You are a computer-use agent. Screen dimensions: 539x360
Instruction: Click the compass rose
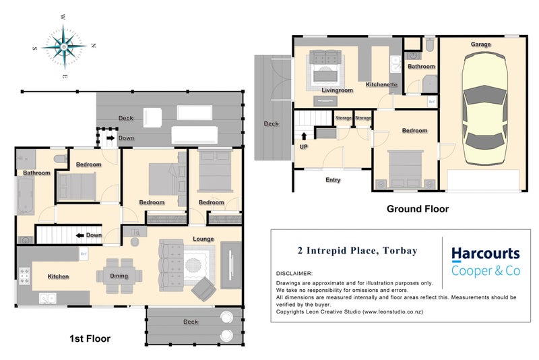tap(64, 47)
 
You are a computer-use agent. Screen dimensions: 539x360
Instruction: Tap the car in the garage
tap(484, 109)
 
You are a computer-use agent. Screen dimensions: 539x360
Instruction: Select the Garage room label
tap(480, 44)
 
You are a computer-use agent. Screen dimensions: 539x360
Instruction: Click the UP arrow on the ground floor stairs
tap(304, 136)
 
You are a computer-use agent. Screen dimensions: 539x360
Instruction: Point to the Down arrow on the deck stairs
tap(110, 138)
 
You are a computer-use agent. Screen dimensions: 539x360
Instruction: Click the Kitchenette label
tap(381, 84)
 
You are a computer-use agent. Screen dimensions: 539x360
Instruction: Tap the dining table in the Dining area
tap(119, 276)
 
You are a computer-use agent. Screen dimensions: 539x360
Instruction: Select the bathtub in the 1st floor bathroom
tap(26, 196)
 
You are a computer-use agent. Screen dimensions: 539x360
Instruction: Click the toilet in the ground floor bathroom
tap(430, 44)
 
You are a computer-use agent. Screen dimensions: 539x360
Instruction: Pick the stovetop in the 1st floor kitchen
tap(24, 276)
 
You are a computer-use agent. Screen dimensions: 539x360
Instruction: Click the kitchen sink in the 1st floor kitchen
tap(48, 298)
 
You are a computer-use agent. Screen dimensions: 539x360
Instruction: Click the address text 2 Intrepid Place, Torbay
tap(358, 251)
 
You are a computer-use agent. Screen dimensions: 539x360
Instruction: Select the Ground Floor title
tap(418, 209)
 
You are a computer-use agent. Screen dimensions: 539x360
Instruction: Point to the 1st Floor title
tap(90, 338)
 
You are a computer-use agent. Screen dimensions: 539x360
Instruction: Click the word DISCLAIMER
tap(294, 274)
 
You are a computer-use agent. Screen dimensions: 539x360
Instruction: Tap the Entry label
tap(333, 180)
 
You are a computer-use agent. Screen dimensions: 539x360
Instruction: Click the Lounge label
tap(203, 239)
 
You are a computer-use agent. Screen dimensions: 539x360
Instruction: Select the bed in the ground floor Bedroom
tap(406, 169)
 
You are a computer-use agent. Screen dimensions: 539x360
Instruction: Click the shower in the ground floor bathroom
tap(429, 84)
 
